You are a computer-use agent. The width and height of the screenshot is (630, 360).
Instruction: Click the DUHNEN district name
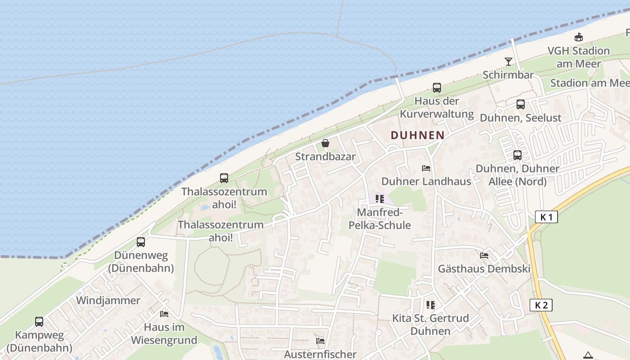point(417,135)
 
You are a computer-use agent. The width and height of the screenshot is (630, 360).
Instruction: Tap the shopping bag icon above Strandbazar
point(325,143)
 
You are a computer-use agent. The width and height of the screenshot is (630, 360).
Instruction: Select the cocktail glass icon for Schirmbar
point(508,61)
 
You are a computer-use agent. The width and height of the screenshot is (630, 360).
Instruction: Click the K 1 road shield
point(547,217)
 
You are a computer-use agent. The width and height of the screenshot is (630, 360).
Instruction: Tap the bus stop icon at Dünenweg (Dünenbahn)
point(141,242)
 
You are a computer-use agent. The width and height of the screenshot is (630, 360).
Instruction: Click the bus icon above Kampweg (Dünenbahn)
point(39,322)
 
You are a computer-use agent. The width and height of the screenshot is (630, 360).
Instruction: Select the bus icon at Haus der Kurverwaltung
point(436,88)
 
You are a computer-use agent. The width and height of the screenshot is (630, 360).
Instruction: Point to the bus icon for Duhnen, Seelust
point(521,104)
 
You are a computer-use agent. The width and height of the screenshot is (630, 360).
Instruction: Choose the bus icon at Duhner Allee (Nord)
point(517,155)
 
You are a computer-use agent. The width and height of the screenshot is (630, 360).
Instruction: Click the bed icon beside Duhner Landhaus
point(426,168)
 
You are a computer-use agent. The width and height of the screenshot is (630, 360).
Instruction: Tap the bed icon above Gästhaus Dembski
point(484,255)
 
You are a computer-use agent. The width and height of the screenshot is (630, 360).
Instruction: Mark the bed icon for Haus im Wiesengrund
point(164,314)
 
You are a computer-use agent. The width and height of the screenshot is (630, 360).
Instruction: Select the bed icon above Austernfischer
point(320,341)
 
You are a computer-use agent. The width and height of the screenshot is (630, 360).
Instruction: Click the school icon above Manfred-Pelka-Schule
point(380,199)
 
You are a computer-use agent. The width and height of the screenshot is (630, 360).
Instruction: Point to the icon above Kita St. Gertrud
point(431,305)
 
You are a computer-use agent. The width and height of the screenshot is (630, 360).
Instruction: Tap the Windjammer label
point(108,300)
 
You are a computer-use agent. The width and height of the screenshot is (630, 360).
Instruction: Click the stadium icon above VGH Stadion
point(579,37)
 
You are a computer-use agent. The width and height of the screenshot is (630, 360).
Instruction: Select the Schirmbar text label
point(508,75)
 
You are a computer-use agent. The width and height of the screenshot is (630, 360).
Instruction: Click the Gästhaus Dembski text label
point(484,269)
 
